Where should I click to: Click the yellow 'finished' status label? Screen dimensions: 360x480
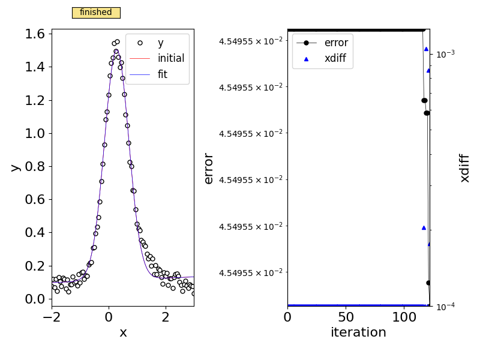click(x=96, y=13)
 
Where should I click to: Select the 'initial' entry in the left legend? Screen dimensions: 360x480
click(x=170, y=58)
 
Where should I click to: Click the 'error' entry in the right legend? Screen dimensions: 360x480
click(x=335, y=43)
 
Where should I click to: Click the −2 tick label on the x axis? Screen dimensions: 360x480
click(x=52, y=317)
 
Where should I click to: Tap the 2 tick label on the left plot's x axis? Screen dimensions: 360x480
click(x=166, y=317)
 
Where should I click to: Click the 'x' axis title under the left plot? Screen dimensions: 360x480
click(x=123, y=332)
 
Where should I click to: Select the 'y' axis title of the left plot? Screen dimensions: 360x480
click(x=15, y=167)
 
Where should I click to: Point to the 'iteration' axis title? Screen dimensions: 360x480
click(x=358, y=332)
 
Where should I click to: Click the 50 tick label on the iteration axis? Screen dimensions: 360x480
click(x=346, y=317)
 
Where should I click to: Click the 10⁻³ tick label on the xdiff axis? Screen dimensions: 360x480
click(x=444, y=53)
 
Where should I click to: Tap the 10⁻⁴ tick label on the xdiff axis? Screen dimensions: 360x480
click(x=444, y=306)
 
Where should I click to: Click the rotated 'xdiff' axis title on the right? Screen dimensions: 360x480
click(x=464, y=168)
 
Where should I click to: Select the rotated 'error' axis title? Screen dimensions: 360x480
click(x=209, y=168)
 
